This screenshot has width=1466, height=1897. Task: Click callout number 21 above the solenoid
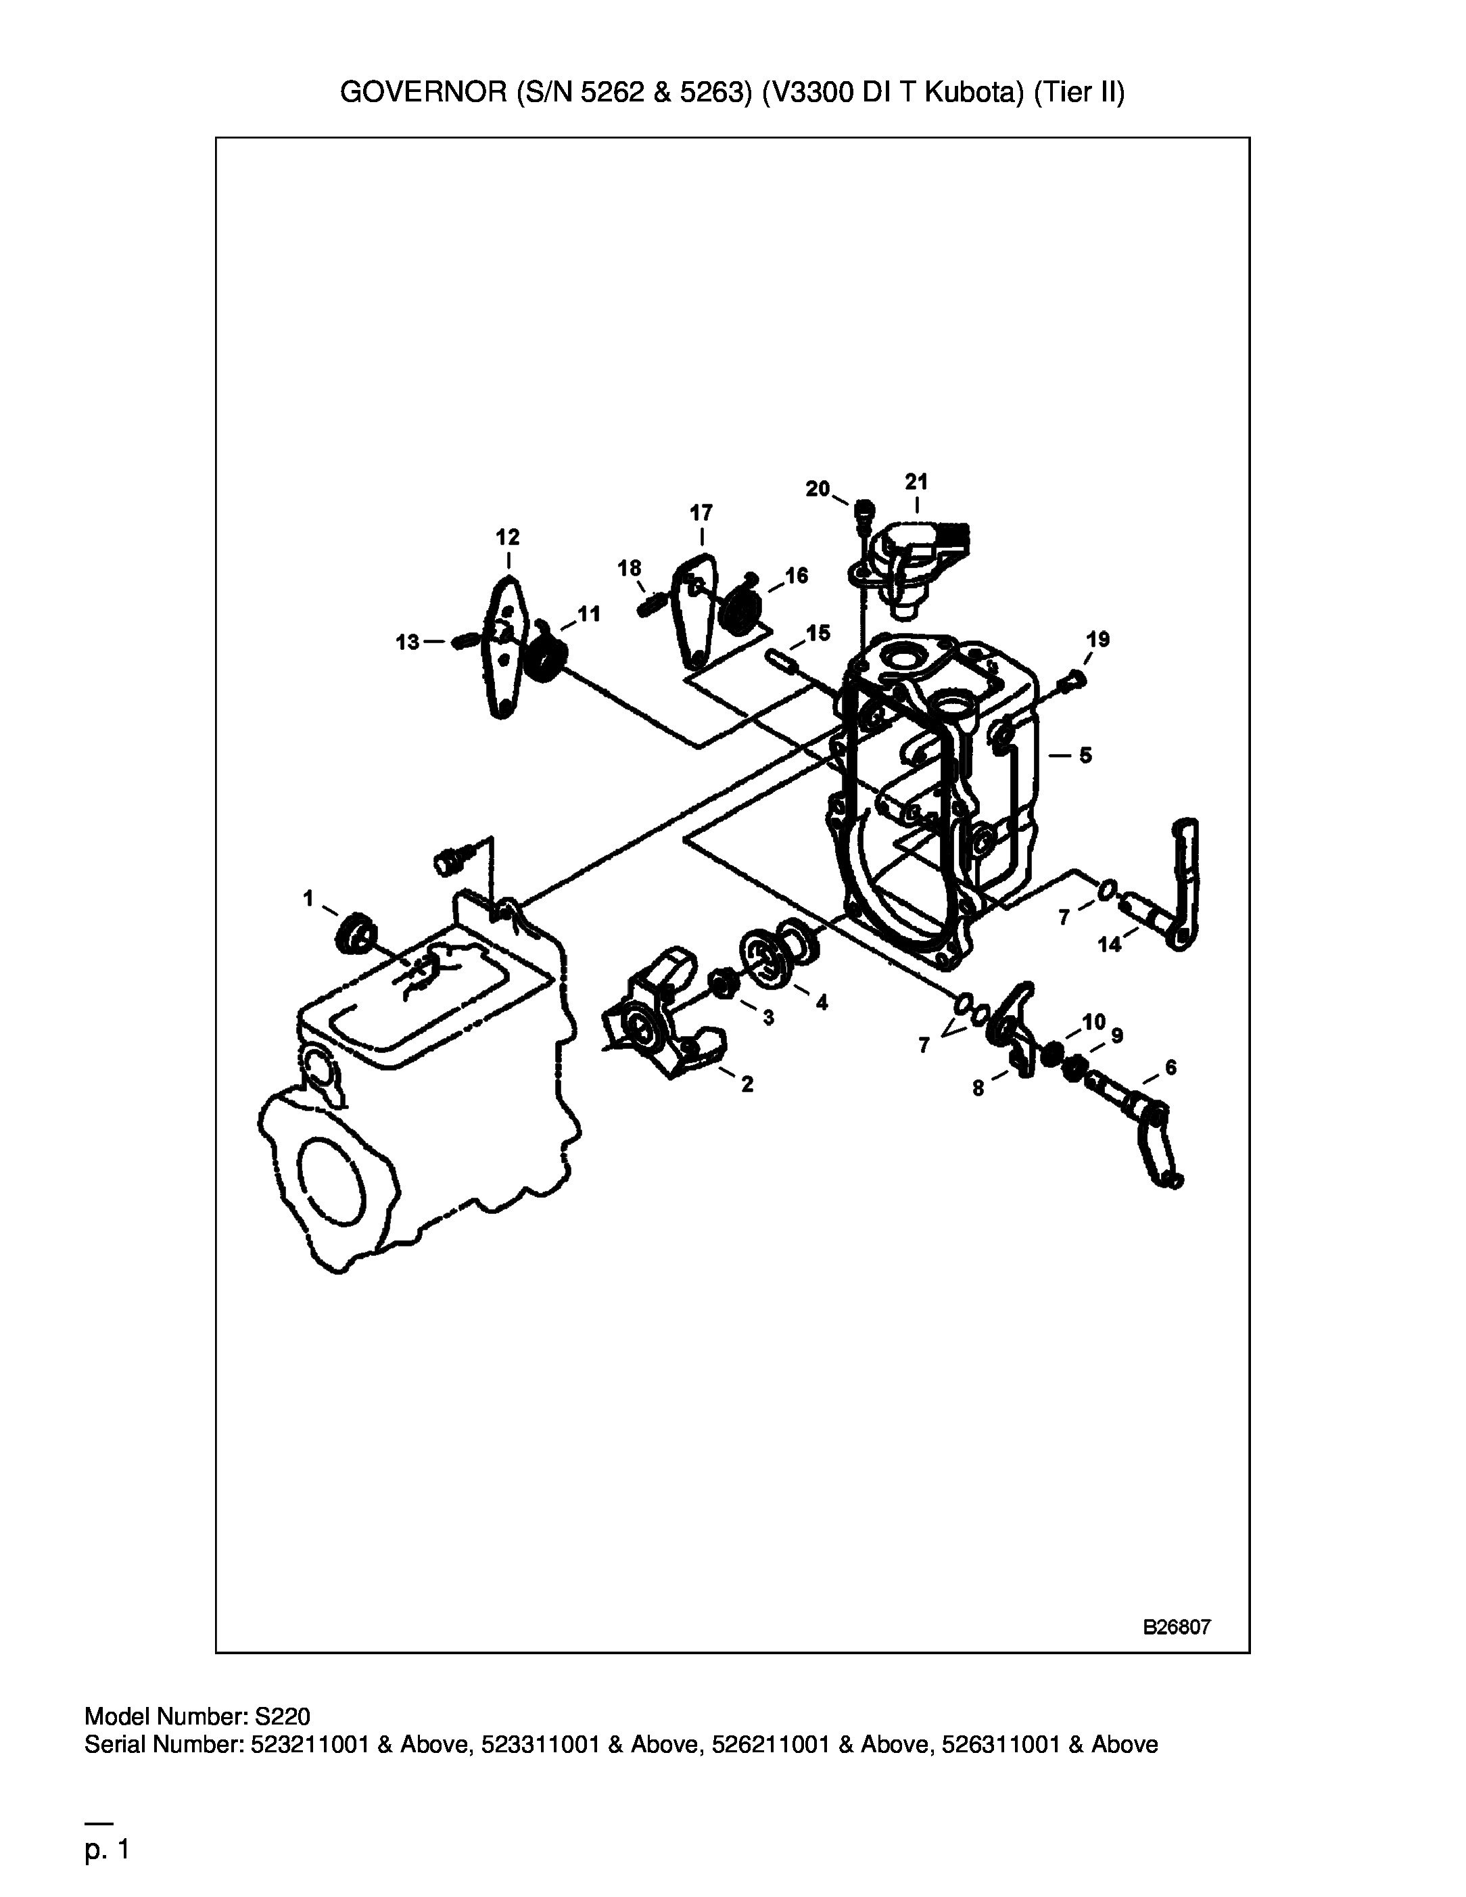[x=916, y=482]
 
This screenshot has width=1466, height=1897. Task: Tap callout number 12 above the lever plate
[x=507, y=537]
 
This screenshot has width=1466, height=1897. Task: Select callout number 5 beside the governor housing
[x=1085, y=755]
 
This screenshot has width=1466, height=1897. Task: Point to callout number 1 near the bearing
[x=308, y=898]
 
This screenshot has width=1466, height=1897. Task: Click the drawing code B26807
[x=1177, y=1628]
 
